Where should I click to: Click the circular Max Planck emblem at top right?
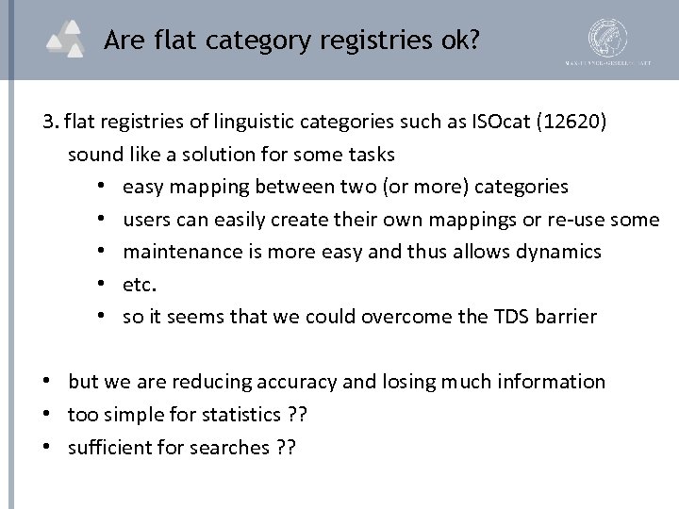click(607, 38)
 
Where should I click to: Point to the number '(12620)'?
click(586, 123)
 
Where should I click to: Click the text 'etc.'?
click(138, 284)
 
